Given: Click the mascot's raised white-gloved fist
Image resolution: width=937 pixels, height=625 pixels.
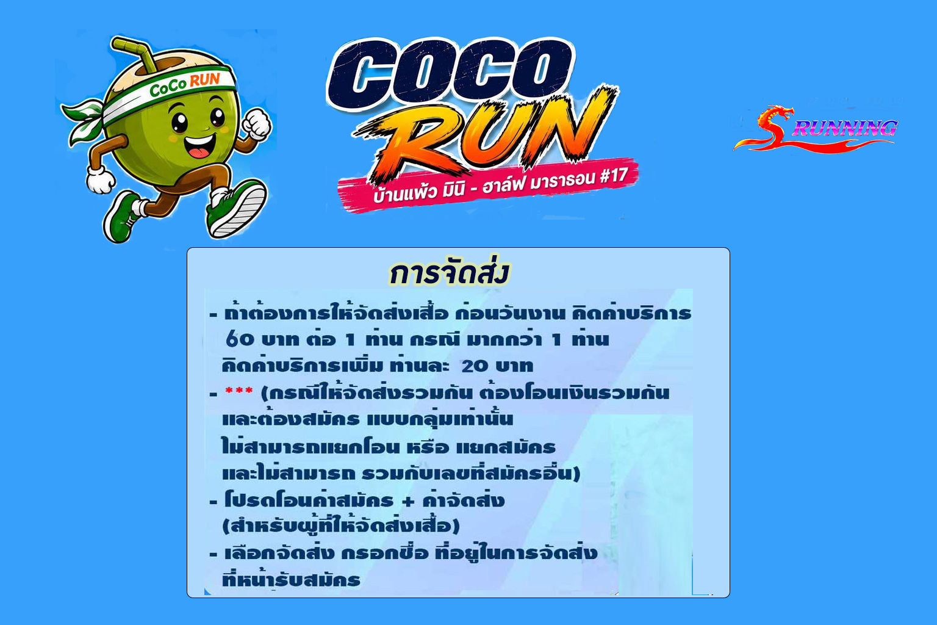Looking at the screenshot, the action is coord(256,123).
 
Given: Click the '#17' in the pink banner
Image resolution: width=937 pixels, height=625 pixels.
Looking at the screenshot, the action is coord(613,176).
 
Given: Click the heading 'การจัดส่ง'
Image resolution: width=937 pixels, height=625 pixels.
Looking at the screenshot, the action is coord(450,273).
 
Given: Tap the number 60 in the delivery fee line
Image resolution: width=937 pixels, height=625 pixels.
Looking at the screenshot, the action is coord(240,339).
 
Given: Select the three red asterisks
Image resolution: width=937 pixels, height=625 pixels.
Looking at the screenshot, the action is coord(239,391).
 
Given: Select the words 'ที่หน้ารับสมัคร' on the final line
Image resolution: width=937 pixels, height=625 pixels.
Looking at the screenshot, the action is coord(291,579).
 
